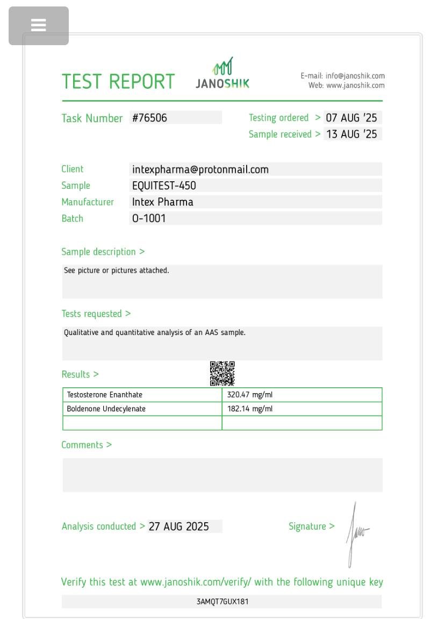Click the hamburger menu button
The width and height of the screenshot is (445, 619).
(39, 25)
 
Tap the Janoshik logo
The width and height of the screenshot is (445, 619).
(223, 74)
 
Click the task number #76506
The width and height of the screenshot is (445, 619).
(150, 118)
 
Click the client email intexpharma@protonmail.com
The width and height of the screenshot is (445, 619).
(200, 169)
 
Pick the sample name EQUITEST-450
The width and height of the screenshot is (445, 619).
(164, 186)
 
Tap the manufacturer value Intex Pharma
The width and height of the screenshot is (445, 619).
(163, 202)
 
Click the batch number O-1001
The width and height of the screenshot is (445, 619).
(149, 218)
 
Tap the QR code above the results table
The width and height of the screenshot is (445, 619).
(222, 373)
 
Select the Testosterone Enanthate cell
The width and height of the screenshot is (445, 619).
(105, 395)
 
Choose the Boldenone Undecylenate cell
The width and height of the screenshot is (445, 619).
(106, 409)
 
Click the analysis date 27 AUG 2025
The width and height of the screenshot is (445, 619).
(179, 526)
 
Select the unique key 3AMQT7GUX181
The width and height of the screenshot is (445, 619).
(223, 601)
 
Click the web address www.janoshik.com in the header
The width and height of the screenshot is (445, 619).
(355, 86)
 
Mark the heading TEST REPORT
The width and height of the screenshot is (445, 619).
(118, 82)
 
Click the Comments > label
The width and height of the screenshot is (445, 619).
(87, 445)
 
